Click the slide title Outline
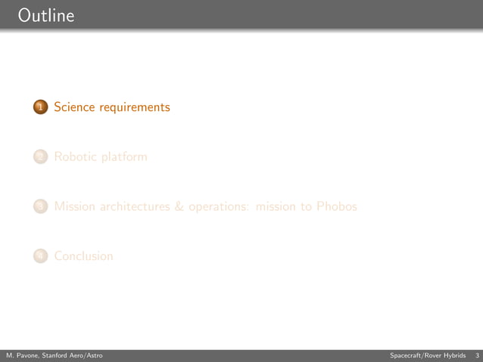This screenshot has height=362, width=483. coord(45,14)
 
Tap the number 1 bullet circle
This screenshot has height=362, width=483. coord(41,107)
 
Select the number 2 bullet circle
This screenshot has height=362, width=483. coord(41,157)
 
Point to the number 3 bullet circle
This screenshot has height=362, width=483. coord(41,206)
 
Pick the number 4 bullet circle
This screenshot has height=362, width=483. coord(41,256)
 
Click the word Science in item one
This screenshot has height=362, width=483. coord(74,107)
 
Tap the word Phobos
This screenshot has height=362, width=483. coord(336,206)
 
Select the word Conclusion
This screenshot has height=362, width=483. coord(84,256)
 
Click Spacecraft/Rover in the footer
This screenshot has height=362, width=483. coord(415,355)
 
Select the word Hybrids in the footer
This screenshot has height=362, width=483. coord(454,355)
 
